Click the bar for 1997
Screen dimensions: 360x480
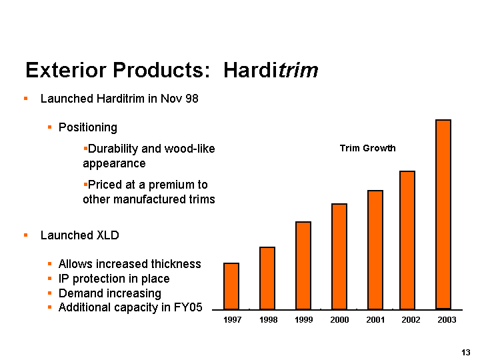231,286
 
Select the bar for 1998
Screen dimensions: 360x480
267,278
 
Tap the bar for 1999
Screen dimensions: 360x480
303,265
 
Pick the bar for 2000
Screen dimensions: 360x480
339,257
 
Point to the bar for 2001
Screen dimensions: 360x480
375,250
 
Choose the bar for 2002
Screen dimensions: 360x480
407,240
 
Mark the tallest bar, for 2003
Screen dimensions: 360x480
443,215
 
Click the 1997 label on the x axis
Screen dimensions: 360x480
233,321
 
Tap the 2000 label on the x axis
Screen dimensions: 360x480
339,321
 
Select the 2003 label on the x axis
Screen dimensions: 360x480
447,321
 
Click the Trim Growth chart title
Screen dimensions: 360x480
367,148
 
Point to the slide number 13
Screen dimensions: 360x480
466,352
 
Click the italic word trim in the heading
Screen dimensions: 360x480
297,70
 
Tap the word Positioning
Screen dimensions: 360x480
88,127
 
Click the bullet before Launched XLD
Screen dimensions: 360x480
25,235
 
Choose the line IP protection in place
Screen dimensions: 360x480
114,279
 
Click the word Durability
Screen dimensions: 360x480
113,149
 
